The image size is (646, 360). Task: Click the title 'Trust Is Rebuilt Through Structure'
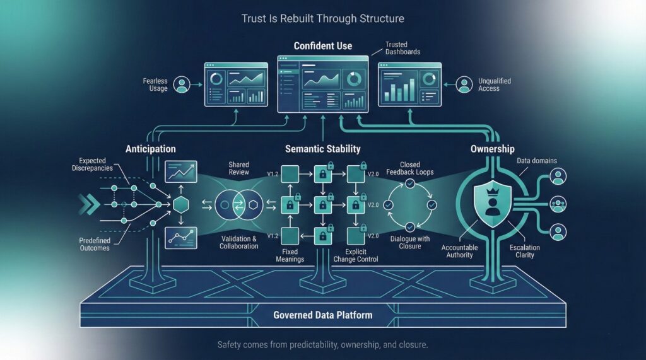click(x=322, y=18)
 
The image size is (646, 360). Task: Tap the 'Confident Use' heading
click(x=322, y=46)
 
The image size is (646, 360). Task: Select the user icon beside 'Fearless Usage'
click(x=182, y=85)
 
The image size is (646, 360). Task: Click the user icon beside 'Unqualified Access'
click(x=464, y=84)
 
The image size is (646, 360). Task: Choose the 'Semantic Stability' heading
click(x=322, y=149)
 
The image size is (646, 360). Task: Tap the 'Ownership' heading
click(x=493, y=149)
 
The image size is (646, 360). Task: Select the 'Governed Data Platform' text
click(x=322, y=315)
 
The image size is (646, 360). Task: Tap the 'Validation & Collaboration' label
click(x=239, y=242)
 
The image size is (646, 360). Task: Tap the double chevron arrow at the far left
click(x=88, y=204)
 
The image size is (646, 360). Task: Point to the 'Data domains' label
click(x=537, y=161)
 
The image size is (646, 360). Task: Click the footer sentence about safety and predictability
click(x=322, y=345)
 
